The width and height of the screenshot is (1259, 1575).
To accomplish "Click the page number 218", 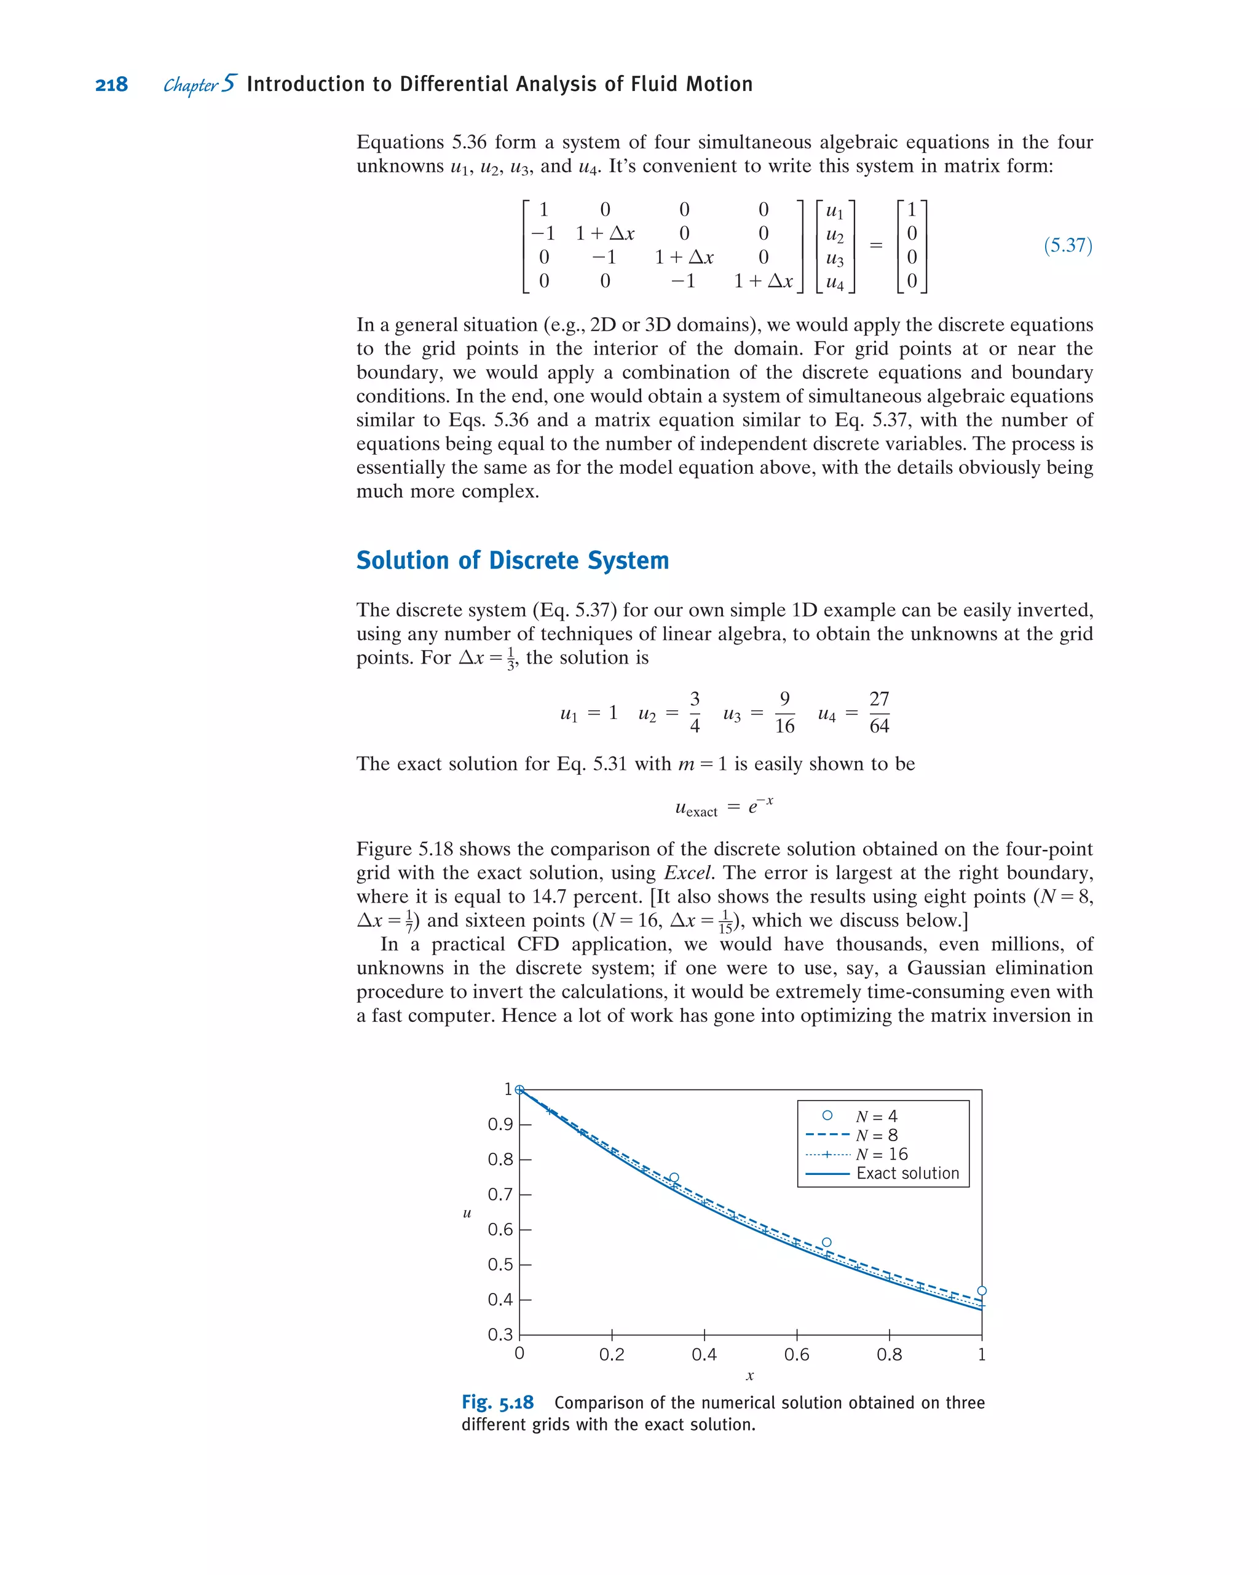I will click(111, 85).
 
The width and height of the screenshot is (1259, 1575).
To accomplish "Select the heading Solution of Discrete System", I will click(512, 560).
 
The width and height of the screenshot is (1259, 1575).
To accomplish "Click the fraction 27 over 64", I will click(879, 712).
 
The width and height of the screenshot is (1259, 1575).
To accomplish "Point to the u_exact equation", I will click(724, 806).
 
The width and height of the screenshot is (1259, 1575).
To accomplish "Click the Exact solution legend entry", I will click(907, 1173).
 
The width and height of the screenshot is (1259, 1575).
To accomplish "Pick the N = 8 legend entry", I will click(876, 1135).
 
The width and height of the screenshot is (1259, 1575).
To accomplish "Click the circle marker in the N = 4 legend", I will click(827, 1115).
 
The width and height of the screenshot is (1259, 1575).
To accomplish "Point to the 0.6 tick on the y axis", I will click(500, 1230).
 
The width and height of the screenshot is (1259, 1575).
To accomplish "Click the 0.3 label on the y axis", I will click(500, 1335).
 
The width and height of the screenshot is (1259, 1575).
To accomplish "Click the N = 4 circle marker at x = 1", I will click(981, 1291).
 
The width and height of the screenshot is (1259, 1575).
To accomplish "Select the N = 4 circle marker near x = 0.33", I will click(674, 1177).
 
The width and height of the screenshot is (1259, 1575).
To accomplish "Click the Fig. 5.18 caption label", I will click(497, 1402).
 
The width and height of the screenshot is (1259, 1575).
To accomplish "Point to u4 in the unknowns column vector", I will click(834, 282).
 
